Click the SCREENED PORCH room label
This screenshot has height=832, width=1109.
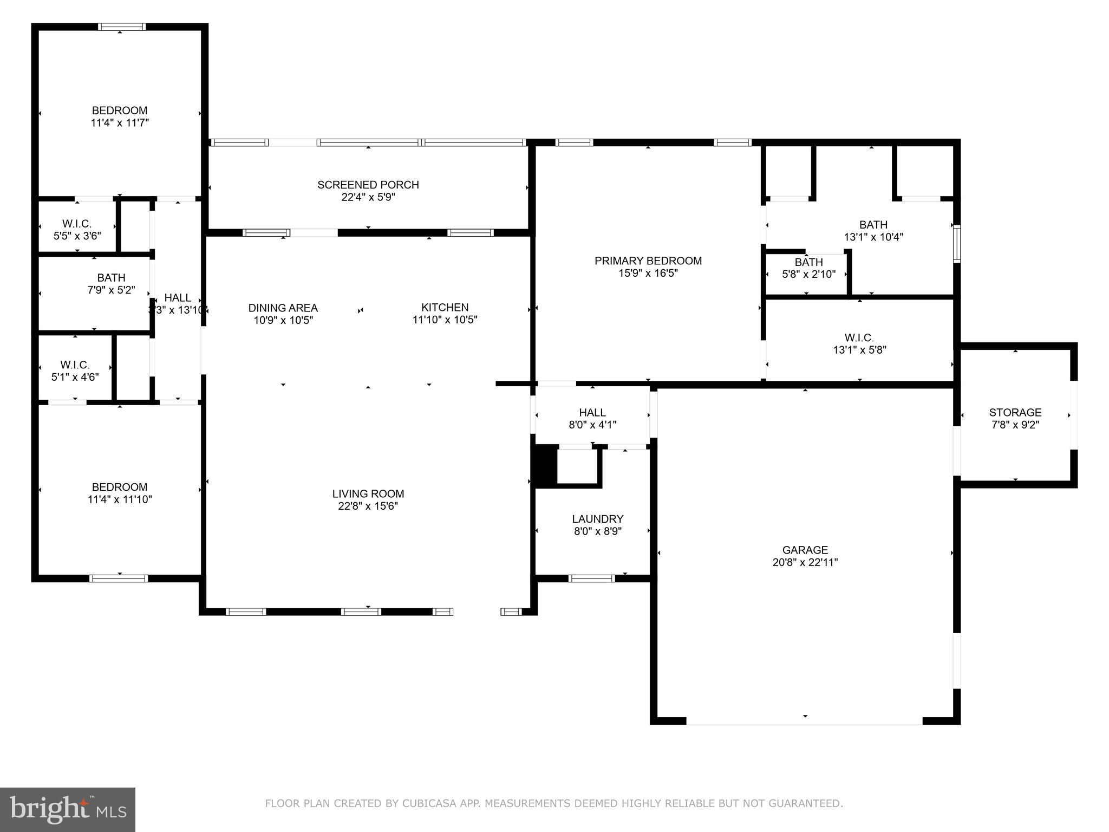coord(368,185)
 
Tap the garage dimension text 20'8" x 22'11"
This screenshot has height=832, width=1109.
coord(805,562)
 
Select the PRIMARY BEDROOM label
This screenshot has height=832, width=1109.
coord(648,261)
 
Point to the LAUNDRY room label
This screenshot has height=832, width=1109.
coord(597,519)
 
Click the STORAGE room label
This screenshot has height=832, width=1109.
coord(1015,412)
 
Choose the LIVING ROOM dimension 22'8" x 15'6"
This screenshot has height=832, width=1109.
coord(368,506)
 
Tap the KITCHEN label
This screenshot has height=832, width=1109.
coord(445,308)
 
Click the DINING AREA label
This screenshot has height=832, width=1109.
coord(283,308)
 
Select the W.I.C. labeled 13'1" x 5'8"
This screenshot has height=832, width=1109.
coord(859,344)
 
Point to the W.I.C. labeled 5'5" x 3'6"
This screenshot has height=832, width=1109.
coord(77,230)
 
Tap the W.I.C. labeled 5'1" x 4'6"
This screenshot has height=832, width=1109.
coord(75,371)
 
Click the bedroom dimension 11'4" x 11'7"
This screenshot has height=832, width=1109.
coord(119,123)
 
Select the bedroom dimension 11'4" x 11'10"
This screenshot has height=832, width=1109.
coord(119,499)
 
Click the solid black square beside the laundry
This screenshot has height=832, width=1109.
coord(546,465)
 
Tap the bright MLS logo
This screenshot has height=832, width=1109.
coord(68,810)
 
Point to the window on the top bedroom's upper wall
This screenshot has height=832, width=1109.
coord(121,27)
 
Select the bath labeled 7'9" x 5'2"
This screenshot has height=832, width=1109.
coord(111,284)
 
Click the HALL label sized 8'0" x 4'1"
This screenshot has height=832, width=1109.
coord(592,418)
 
